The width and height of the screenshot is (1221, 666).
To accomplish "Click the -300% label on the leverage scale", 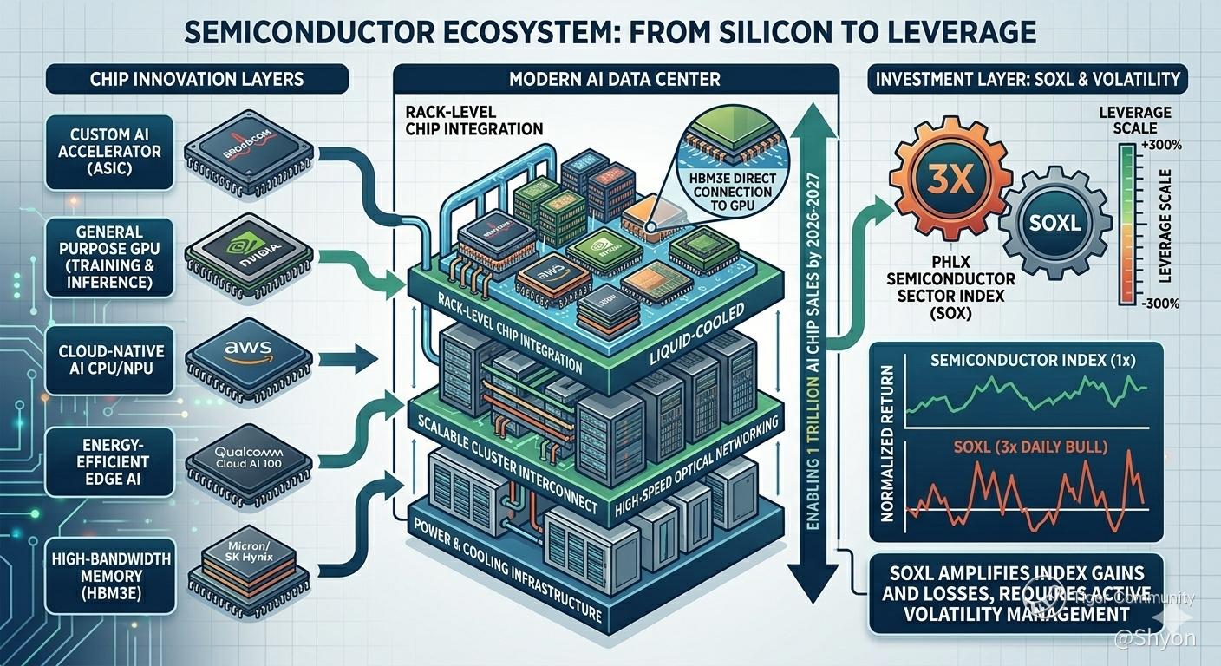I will (1152, 304).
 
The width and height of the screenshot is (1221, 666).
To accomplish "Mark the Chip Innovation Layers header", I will (197, 79).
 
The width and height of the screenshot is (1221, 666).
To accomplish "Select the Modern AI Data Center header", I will (616, 79).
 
